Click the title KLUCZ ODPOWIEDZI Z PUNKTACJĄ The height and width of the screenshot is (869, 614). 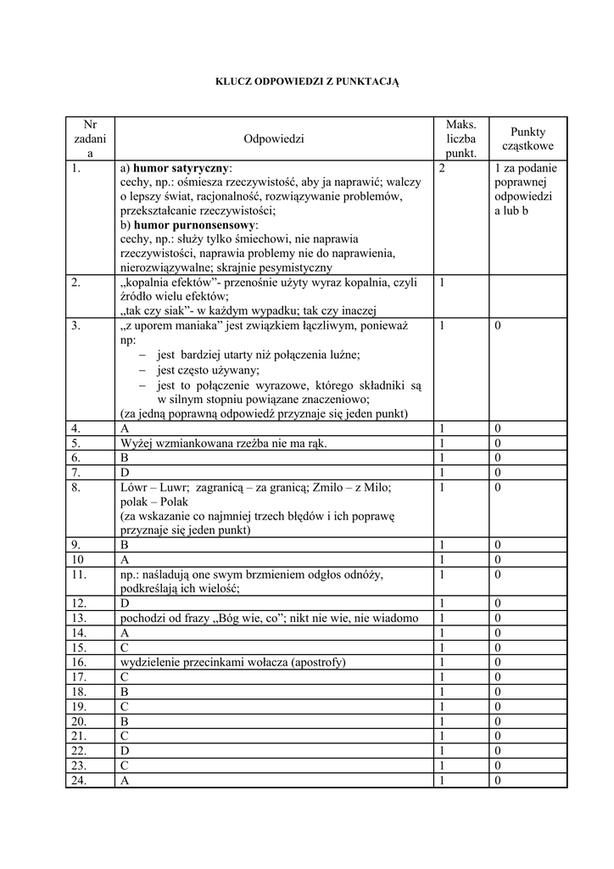306,81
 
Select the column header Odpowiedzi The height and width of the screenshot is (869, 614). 273,138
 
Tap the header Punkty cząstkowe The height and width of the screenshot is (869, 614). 527,138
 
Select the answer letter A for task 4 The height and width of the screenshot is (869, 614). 125,429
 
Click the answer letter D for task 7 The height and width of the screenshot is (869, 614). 125,472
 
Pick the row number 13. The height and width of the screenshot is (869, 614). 81,618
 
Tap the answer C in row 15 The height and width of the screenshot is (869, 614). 125,648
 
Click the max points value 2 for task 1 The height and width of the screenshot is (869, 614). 443,168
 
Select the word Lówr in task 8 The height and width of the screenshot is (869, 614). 135,487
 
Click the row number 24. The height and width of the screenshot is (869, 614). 81,780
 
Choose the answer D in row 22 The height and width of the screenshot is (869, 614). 125,751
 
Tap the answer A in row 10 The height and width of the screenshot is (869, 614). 125,560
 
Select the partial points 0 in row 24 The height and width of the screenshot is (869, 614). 498,780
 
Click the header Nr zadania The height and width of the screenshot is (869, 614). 90,138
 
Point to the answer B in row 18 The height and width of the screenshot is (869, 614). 125,692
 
